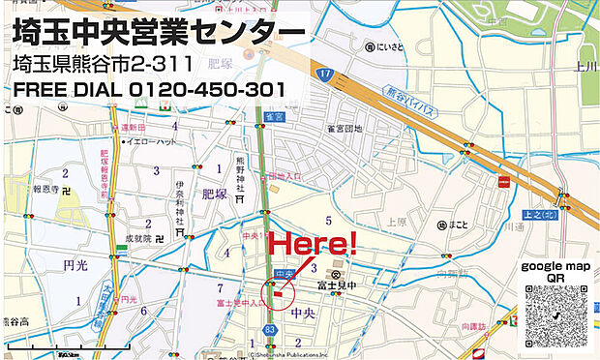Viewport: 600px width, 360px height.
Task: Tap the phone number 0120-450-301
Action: click(x=205, y=89)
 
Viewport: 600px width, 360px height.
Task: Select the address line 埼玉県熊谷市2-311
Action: click(x=108, y=64)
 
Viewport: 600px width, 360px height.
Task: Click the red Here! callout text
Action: click(x=312, y=244)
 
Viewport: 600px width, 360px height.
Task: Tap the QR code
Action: click(x=555, y=317)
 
